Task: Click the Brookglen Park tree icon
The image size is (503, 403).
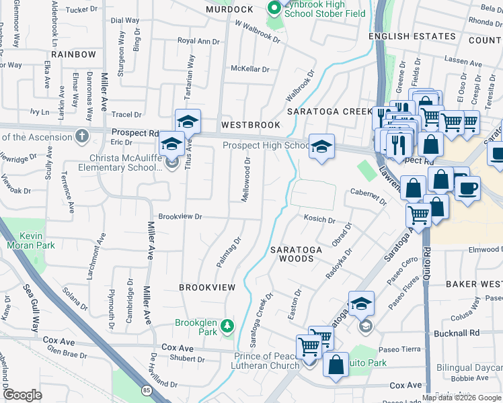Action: pos(229,326)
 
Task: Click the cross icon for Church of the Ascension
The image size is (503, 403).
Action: pos(82,137)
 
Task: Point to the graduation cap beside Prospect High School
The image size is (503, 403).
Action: pos(321,146)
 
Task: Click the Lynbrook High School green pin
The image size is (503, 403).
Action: pos(274,9)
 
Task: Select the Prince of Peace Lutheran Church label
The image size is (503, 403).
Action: pos(266,361)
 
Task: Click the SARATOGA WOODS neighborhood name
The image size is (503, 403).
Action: pos(297,254)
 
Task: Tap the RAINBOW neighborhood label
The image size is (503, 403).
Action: pos(73,54)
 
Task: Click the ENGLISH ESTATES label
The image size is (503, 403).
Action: pos(412,36)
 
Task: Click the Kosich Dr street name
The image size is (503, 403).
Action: pos(319,220)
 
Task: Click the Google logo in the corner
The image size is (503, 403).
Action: pos(22,395)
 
